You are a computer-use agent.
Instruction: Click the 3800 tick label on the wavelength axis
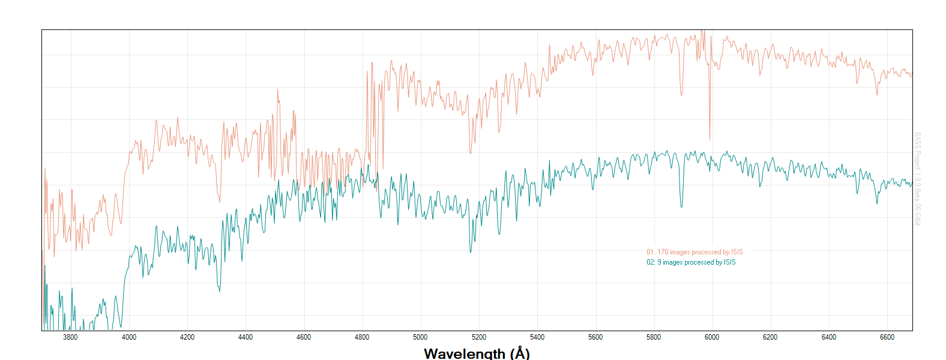(70, 337)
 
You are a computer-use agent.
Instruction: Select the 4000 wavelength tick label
(129, 337)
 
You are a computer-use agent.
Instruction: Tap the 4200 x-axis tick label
(187, 337)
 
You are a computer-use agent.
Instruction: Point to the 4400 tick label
(246, 337)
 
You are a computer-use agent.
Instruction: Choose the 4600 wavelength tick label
(304, 337)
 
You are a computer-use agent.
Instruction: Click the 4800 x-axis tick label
(362, 337)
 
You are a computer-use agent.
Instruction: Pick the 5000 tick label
(420, 337)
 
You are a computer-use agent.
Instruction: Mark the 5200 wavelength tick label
(479, 337)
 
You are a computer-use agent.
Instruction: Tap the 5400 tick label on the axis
(537, 337)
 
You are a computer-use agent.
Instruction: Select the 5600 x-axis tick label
(595, 337)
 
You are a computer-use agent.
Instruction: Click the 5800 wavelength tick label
(654, 337)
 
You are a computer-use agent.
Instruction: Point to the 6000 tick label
(712, 337)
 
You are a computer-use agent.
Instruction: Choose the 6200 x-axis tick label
(770, 337)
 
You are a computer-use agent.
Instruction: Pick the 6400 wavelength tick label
(829, 337)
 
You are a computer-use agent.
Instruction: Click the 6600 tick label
(887, 337)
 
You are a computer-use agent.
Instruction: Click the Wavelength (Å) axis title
(477, 353)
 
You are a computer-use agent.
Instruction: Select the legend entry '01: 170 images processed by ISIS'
(694, 252)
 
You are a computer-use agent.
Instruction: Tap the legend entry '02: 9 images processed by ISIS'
(691, 262)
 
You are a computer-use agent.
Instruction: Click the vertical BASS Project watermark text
(917, 179)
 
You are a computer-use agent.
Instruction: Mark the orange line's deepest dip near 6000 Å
(710, 139)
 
